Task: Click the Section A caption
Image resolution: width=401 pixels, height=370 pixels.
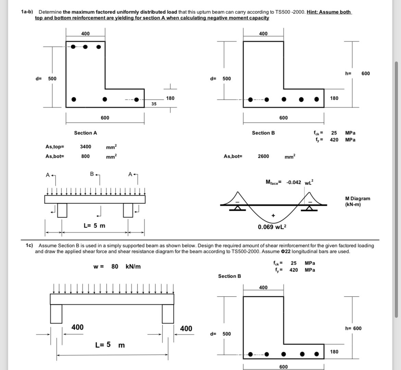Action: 85,133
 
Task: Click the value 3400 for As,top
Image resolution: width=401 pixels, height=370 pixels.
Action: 85,147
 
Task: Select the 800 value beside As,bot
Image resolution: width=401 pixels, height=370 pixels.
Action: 85,156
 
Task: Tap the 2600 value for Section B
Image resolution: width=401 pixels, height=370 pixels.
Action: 263,156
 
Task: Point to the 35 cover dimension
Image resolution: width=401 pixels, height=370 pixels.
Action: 154,104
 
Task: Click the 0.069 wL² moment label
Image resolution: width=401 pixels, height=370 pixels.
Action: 272,227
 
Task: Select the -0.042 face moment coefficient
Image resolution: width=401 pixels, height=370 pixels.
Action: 294,182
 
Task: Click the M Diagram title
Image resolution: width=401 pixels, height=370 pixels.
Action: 357,199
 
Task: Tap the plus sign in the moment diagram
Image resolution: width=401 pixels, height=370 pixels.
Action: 273,215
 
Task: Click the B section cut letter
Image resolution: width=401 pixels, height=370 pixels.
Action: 92,174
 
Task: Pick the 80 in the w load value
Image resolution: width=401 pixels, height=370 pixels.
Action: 114,266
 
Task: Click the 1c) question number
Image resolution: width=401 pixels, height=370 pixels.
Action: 29,245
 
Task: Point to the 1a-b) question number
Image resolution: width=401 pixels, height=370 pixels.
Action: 27,12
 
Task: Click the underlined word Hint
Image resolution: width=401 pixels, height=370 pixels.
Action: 312,12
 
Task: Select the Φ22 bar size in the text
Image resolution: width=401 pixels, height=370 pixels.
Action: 285,251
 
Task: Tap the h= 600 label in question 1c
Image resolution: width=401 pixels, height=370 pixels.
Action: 353,328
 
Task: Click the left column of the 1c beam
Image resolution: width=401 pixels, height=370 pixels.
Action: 56,314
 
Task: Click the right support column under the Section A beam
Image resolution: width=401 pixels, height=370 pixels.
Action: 128,210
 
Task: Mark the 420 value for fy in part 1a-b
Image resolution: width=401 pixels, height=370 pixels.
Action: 334,140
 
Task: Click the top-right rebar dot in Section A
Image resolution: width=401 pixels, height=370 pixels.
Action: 98,47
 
